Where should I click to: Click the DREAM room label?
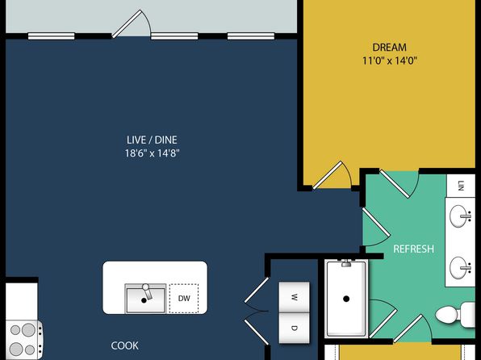389,48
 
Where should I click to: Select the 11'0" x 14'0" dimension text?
390,61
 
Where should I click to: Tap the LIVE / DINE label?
152,140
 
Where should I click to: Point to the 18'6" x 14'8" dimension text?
152,153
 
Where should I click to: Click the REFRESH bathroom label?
413,249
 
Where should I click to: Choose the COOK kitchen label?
124,345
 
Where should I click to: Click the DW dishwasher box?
184,299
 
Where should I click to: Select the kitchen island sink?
145,299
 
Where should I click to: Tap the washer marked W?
294,297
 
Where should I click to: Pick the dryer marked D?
294,328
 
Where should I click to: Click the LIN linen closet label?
460,186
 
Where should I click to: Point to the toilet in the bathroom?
455,314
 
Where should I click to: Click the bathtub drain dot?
346,299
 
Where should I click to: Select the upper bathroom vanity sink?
460,216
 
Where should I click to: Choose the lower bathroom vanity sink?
460,268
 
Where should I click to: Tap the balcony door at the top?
131,23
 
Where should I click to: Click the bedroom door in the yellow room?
332,175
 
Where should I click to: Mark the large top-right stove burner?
28,329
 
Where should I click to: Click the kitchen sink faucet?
147,291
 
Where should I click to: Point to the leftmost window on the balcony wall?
51,36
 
